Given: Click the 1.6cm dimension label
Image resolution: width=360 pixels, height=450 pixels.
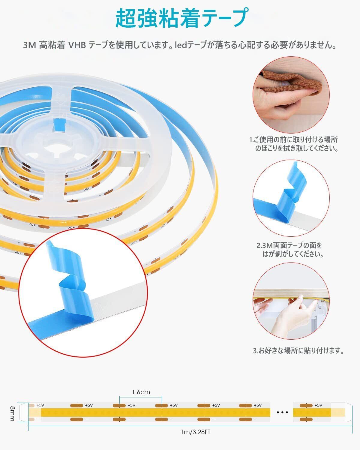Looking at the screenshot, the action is point(141,392).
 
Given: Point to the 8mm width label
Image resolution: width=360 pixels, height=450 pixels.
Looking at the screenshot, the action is point(13,413).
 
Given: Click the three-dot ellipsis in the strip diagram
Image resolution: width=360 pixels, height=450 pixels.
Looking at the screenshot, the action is point(282,412).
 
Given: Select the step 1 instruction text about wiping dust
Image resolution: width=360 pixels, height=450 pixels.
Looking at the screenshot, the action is point(293,144).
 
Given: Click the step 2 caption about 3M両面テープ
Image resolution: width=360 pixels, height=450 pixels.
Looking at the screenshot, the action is point(290,250).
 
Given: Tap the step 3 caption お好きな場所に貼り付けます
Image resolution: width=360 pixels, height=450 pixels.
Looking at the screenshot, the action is point(298,351).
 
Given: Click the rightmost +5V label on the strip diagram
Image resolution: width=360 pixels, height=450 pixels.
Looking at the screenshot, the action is point(318,406).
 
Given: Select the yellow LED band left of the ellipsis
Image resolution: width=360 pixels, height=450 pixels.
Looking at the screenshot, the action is point(155,412).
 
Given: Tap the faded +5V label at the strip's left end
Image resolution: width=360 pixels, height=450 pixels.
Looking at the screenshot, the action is point(40,405).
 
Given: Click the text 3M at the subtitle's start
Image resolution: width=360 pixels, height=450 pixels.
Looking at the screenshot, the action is point(30,45).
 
